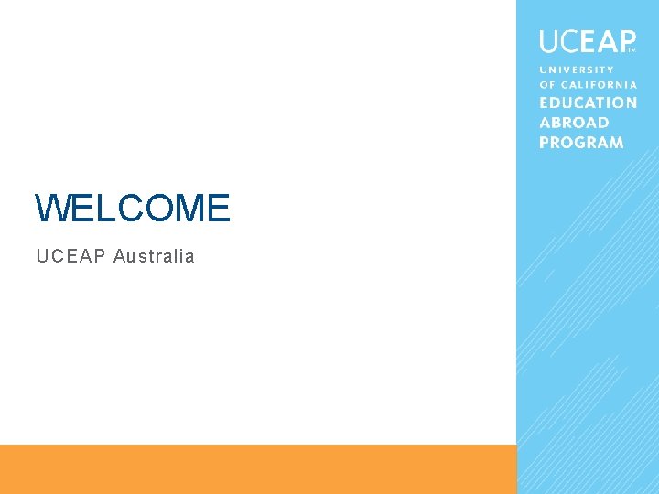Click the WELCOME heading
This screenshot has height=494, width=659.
(x=132, y=209)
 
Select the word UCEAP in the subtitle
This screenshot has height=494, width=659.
(x=70, y=256)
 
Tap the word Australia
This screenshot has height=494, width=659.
(x=154, y=256)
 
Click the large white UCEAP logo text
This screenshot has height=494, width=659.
(x=586, y=41)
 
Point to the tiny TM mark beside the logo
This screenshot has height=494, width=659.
(x=631, y=50)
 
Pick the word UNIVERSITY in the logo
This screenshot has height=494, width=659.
(x=577, y=70)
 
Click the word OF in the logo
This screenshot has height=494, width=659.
(x=546, y=85)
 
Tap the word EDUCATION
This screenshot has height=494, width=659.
(x=588, y=103)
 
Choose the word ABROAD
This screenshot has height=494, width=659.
(x=574, y=123)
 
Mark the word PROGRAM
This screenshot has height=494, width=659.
(x=581, y=142)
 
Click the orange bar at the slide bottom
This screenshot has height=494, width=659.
(x=258, y=469)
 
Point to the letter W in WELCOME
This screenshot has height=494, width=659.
(x=51, y=209)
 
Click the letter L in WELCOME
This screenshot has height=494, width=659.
(x=102, y=209)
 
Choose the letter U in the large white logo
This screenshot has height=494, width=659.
(x=549, y=41)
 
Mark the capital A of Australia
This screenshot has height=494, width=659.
(x=119, y=256)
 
